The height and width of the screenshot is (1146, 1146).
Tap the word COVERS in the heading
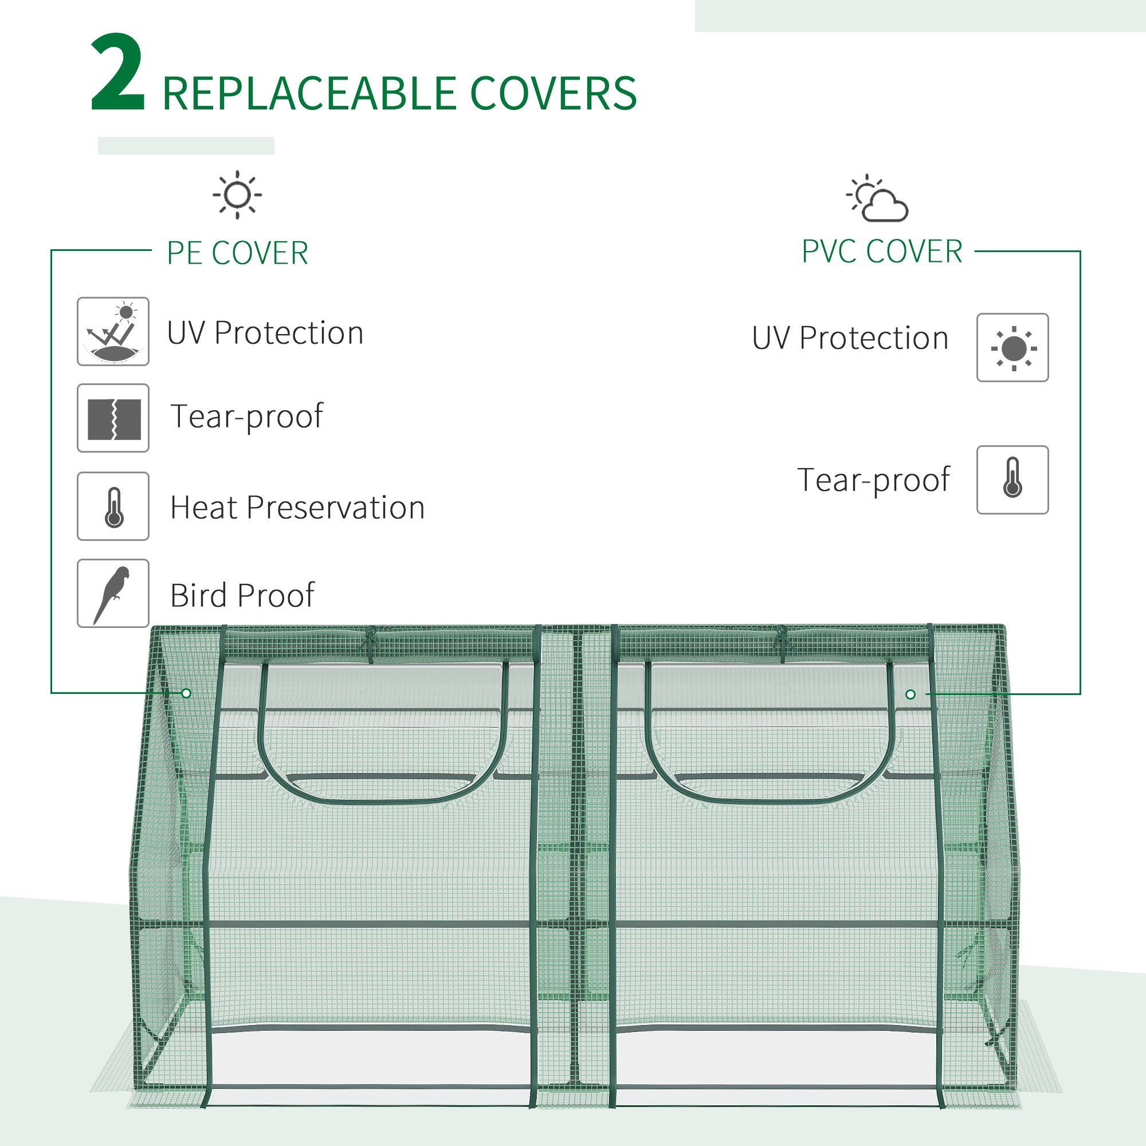(x=554, y=93)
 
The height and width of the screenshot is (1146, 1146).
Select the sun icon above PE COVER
(x=237, y=194)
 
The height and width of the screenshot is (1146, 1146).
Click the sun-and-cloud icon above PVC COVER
(x=878, y=199)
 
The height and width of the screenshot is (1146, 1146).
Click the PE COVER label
(x=237, y=253)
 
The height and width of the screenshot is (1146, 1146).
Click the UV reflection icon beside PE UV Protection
(x=113, y=332)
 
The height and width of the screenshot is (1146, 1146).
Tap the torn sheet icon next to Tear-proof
(x=113, y=418)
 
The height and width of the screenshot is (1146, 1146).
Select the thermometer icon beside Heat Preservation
(x=113, y=506)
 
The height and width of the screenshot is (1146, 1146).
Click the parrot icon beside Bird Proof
(x=113, y=593)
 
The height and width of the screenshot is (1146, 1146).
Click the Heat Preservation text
(x=297, y=508)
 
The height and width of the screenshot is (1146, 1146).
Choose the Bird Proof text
(x=242, y=595)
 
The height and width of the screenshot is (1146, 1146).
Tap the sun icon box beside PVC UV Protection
(x=1012, y=348)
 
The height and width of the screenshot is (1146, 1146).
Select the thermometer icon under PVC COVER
(x=1012, y=480)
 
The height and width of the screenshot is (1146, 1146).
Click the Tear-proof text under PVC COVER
(x=873, y=480)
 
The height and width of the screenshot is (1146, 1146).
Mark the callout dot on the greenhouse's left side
(x=186, y=693)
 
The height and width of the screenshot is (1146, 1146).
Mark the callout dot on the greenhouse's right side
(x=910, y=694)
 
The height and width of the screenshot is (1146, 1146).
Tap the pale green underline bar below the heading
(x=186, y=146)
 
